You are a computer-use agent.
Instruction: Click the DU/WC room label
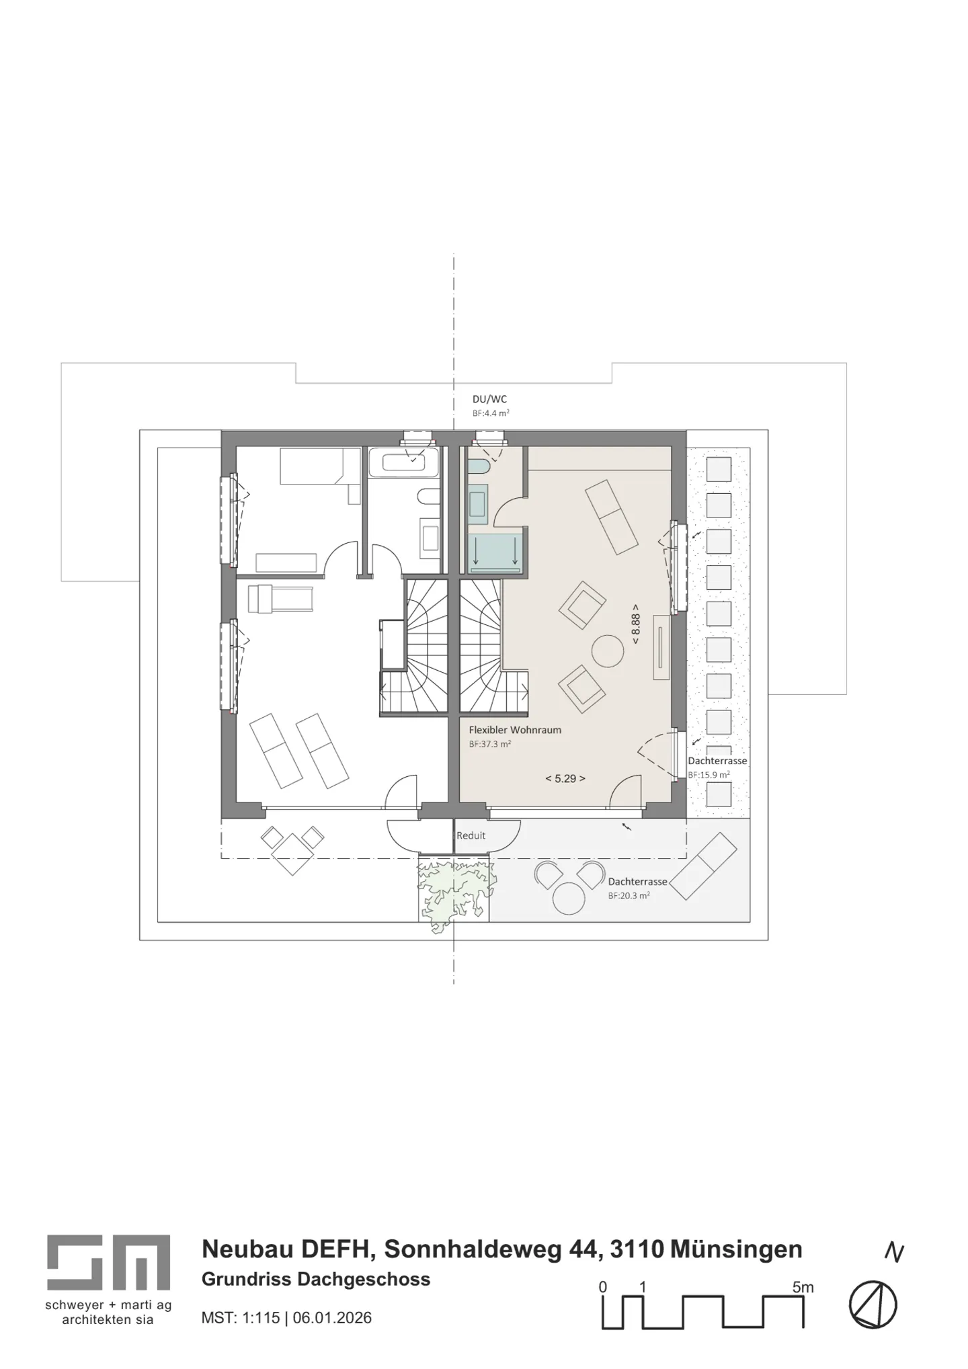pyautogui.click(x=489, y=399)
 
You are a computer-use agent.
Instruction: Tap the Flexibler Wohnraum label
pyautogui.click(x=515, y=730)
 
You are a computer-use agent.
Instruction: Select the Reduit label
pyautogui.click(x=471, y=835)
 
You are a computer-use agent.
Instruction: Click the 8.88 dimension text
pyautogui.click(x=635, y=628)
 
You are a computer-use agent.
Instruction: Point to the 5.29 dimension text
pyautogui.click(x=565, y=778)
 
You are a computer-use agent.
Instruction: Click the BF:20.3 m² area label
pyautogui.click(x=629, y=896)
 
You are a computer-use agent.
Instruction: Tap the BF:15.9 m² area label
pyautogui.click(x=709, y=775)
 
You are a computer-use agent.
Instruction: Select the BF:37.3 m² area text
pyautogui.click(x=490, y=744)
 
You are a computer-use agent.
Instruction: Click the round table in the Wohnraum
pyautogui.click(x=608, y=651)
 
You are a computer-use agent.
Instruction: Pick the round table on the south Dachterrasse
pyautogui.click(x=569, y=898)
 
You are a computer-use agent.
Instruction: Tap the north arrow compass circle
pyautogui.click(x=873, y=1305)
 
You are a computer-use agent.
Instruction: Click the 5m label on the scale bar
pyautogui.click(x=803, y=1268)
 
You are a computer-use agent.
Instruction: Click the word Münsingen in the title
pyautogui.click(x=736, y=1249)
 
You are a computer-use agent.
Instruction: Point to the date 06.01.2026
pyautogui.click(x=332, y=1317)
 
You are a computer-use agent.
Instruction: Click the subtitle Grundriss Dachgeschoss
pyautogui.click(x=316, y=1279)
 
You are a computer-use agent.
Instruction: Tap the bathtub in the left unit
pyautogui.click(x=403, y=462)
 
